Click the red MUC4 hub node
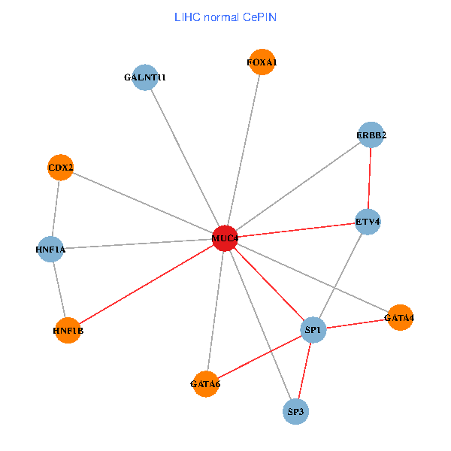225,238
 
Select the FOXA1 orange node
262,62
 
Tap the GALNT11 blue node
145,77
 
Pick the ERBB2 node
371,135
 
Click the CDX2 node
60,168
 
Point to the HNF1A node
50,249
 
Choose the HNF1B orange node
68,330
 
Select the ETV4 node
368,222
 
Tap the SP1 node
313,330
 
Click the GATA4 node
400,317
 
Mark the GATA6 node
205,383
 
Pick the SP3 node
295,411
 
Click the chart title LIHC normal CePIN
225,17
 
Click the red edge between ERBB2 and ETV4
369,178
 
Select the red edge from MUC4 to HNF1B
147,284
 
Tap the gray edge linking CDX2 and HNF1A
56,208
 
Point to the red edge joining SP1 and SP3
304,371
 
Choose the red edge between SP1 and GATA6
259,356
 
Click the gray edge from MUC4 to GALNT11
185,158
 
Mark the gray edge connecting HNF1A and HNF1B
59,289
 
